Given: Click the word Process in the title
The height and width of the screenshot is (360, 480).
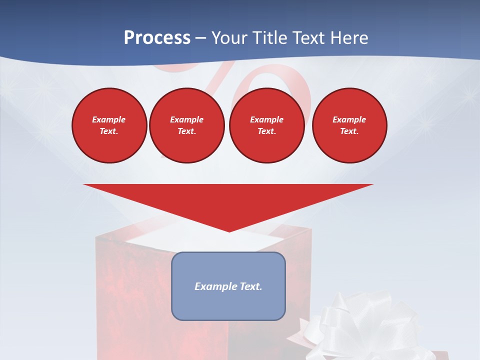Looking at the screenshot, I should (157, 38).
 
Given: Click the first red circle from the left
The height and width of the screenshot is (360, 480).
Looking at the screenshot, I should (109, 125).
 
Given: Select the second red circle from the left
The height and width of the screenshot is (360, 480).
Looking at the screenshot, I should (187, 125).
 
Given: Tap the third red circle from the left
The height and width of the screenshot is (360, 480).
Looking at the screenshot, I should (267, 125).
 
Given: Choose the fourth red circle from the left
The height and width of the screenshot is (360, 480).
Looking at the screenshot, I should (349, 125).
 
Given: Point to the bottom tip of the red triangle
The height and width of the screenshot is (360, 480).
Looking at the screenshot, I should (229, 230).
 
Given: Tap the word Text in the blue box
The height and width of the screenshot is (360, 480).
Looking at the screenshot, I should (251, 286).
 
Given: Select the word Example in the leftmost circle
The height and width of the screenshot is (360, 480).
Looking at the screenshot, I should (109, 119).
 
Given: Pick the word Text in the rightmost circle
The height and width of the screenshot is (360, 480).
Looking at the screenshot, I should (349, 131).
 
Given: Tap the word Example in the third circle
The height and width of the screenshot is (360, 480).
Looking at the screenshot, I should (267, 119).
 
